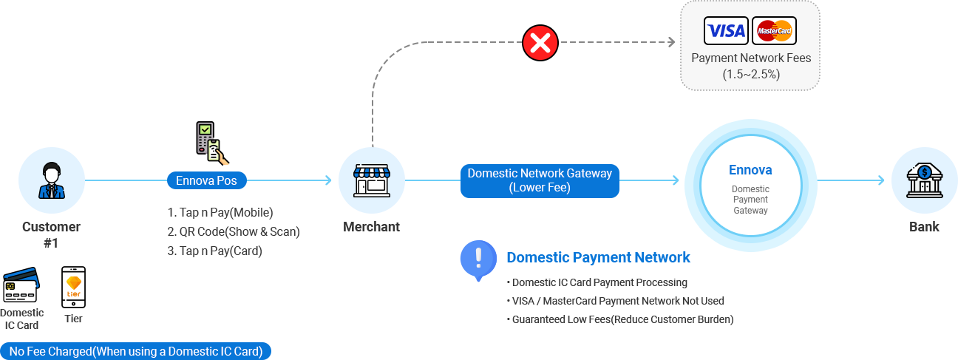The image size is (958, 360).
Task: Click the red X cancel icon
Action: [540, 44]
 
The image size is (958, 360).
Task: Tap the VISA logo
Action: [727, 31]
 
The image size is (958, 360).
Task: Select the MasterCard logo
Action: [774, 31]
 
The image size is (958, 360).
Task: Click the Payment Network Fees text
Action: [750, 58]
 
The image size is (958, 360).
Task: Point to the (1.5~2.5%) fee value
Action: [750, 74]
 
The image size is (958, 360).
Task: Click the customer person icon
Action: [51, 180]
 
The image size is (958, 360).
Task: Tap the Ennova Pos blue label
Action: [206, 180]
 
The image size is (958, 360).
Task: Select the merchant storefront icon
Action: [371, 180]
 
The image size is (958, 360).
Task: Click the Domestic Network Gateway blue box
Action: [540, 180]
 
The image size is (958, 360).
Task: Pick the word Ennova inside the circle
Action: [750, 170]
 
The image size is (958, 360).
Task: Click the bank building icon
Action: [924, 180]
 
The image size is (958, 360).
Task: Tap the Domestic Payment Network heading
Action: [598, 257]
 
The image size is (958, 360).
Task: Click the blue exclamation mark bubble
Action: [478, 259]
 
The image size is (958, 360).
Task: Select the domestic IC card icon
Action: [20, 287]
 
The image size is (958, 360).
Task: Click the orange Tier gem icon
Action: [73, 286]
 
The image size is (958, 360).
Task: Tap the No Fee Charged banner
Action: [136, 351]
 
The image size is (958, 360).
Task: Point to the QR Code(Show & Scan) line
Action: [233, 231]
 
